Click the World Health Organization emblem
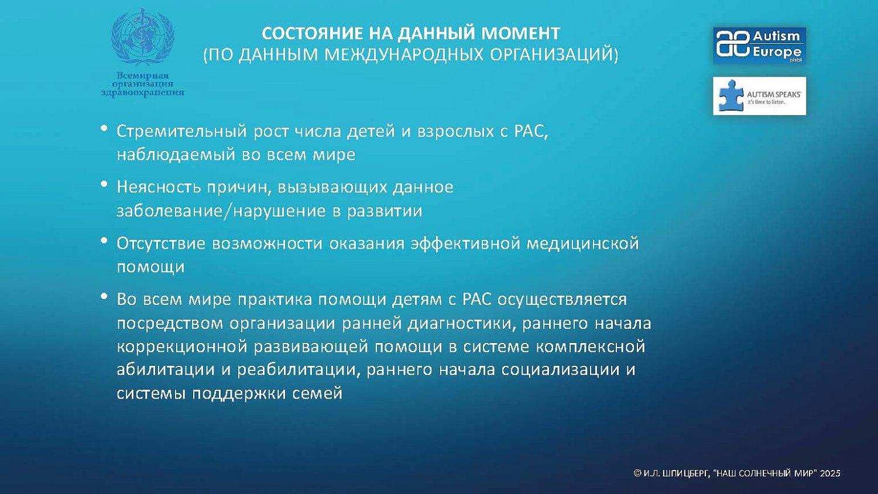tap(142, 36)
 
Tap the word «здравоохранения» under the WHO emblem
tap(142, 92)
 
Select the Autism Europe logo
tap(759, 45)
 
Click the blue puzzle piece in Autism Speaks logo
tap(730, 95)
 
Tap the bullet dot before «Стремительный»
tap(104, 128)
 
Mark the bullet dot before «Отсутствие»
tap(104, 241)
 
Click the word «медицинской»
tap(582, 243)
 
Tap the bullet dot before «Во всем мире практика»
tap(104, 297)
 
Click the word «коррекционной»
tap(181, 347)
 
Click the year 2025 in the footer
tap(830, 473)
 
